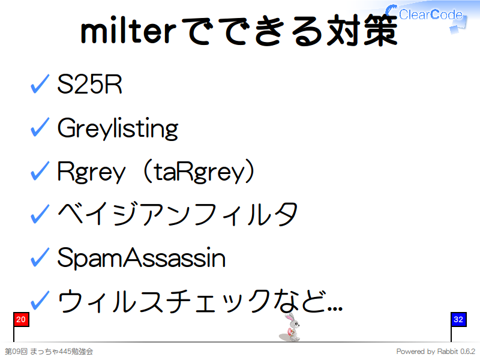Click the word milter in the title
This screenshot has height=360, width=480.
(128, 31)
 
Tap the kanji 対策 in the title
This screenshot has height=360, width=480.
(362, 31)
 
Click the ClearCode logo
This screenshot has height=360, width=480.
(426, 17)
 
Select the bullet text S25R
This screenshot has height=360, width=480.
(89, 84)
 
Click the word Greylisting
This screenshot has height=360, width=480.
(118, 128)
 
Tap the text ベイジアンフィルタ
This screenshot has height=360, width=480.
(178, 214)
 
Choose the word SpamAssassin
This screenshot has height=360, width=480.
(142, 258)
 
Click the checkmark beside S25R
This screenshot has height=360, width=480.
(40, 83)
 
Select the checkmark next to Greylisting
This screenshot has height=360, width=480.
(40, 127)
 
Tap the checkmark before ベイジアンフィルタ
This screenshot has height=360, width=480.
(40, 214)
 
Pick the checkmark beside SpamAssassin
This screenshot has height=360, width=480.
(40, 257)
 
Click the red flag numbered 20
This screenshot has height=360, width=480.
(21, 320)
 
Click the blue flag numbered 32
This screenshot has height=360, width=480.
(458, 320)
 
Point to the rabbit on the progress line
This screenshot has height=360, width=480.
(290, 327)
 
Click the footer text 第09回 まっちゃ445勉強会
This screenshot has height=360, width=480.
(49, 352)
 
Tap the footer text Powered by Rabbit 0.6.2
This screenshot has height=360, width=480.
(436, 352)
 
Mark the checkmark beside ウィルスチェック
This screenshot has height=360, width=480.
(40, 300)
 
